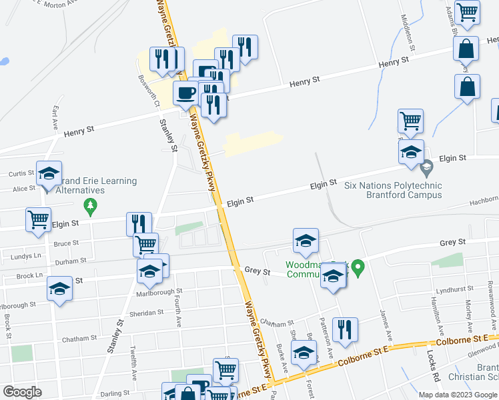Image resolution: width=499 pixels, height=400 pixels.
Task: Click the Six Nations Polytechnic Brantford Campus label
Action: (393, 190)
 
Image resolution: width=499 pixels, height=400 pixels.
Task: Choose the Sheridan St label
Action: (147, 312)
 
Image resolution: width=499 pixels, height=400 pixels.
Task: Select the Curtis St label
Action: (17, 173)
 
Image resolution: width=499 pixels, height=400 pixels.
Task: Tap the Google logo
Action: (22, 392)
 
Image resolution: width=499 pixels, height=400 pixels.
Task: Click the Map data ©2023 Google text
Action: (457, 395)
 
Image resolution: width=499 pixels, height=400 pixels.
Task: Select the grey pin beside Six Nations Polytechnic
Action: (427, 165)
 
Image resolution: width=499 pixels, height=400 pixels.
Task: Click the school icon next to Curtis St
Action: (49, 173)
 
